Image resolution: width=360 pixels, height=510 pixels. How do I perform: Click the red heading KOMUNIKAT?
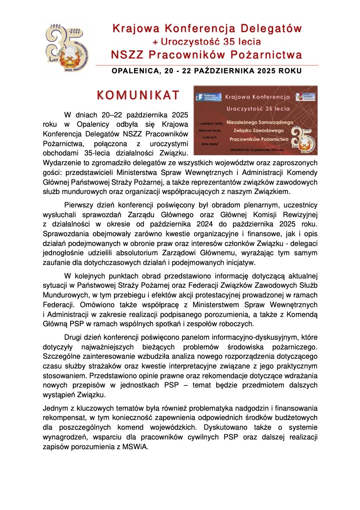[x=138, y=95]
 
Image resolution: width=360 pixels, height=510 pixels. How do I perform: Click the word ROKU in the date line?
[x=290, y=71]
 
